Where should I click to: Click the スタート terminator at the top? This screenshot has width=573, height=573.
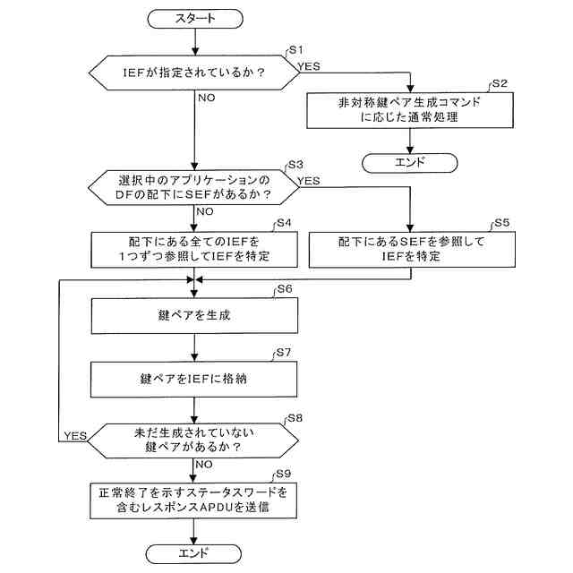click(195, 19)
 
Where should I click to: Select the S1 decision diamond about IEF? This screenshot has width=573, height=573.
click(194, 73)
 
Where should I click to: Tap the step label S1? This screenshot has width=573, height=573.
click(295, 50)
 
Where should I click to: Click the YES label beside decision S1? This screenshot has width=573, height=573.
click(309, 66)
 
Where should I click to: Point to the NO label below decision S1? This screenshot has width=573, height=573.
click(207, 98)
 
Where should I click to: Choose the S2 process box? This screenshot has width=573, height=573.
click(410, 110)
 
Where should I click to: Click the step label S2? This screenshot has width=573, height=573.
click(500, 83)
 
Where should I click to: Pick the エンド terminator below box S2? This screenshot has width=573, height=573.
click(410, 163)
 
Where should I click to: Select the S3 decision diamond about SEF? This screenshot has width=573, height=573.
click(193, 187)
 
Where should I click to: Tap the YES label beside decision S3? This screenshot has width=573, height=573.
click(308, 181)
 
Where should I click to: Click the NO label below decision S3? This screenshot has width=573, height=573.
click(205, 211)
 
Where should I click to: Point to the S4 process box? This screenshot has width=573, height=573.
click(194, 250)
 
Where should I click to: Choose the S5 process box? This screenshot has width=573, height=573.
click(412, 250)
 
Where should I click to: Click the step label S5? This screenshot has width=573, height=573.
click(501, 223)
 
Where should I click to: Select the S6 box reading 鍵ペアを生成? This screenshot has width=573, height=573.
click(194, 316)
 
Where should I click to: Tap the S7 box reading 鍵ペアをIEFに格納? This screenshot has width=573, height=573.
click(193, 380)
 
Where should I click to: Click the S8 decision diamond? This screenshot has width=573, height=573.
click(193, 440)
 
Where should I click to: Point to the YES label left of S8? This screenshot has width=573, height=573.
click(75, 436)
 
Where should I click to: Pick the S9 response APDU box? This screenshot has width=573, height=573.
click(193, 500)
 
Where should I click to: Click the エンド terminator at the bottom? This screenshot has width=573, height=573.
click(193, 554)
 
